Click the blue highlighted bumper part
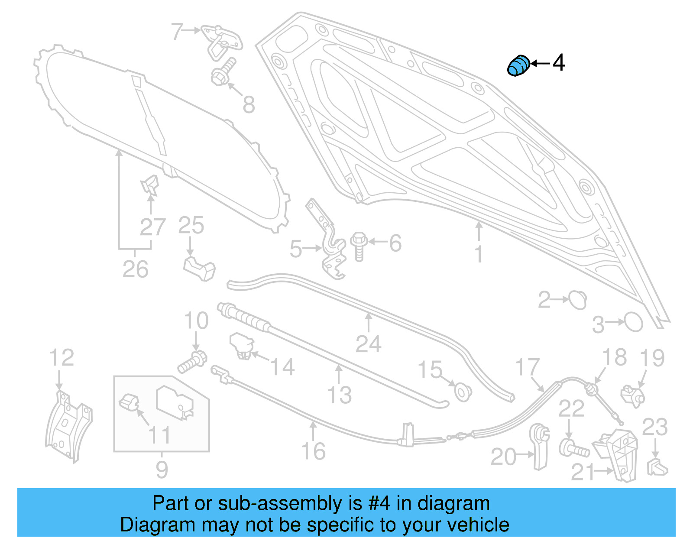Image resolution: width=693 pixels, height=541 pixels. tap(518, 66)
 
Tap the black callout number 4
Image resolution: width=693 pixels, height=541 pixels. tap(559, 63)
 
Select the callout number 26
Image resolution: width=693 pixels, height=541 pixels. tap(135, 269)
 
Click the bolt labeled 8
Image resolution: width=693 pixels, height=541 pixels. tap(223, 73)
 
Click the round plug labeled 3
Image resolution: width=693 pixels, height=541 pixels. tap(633, 322)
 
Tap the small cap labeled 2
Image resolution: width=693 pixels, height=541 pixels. tap(577, 300)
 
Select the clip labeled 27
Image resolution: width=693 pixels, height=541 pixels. tap(149, 185)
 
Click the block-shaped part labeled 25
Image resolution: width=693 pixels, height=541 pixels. tap(200, 269)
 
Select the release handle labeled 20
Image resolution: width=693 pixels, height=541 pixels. tap(540, 446)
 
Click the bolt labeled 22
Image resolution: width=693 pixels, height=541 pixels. tap(574, 448)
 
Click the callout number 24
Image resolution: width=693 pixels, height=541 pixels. tap(368, 344)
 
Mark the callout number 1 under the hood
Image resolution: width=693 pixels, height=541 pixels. tap(478, 254)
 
